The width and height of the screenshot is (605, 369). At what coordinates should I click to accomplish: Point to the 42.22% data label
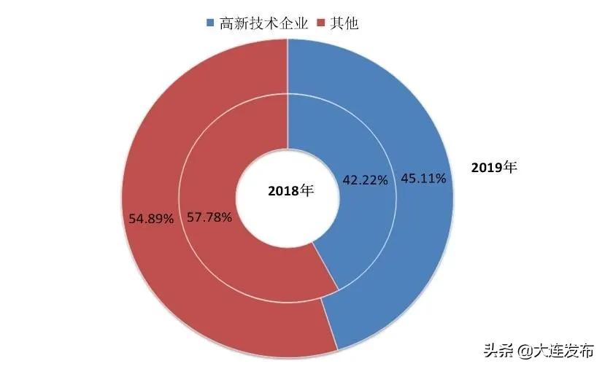pos(365,180)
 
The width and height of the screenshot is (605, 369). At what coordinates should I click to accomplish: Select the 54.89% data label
pos(150,218)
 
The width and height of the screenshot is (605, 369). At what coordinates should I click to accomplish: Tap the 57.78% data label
pos(209,217)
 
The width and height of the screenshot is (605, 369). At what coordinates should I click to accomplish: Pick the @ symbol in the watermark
pos(525,351)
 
